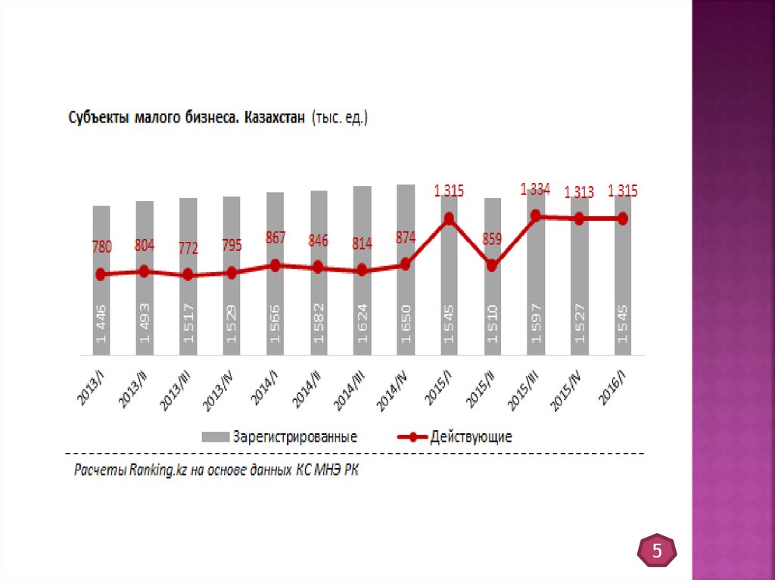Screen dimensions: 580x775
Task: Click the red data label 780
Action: point(102,247)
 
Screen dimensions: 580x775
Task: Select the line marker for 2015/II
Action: point(492,265)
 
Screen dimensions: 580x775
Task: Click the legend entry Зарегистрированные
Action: point(295,436)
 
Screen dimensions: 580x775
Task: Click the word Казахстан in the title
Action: point(274,119)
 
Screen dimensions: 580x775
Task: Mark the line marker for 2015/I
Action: point(449,219)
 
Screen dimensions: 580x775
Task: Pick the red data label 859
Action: point(492,240)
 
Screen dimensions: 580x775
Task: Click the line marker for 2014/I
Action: point(275,265)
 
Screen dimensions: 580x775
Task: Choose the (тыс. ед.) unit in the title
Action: point(338,119)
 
